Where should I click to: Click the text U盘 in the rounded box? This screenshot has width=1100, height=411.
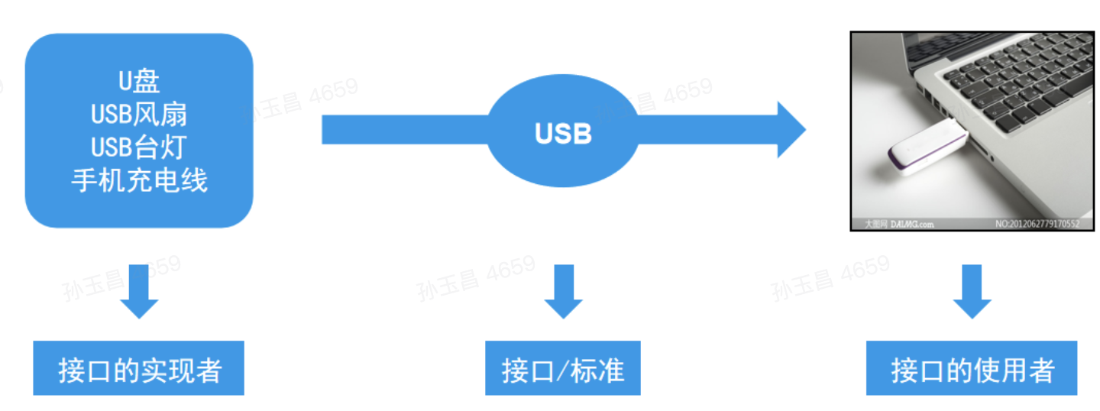tap(139, 80)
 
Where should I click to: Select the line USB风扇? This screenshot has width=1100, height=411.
tap(139, 114)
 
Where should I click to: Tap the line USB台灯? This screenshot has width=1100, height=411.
tap(139, 147)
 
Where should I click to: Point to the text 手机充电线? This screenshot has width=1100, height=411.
tap(139, 180)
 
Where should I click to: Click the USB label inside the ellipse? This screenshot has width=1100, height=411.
tap(563, 134)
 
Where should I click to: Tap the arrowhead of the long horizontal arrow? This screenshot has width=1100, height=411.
tap(791, 130)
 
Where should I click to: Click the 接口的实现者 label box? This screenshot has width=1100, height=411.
tap(139, 368)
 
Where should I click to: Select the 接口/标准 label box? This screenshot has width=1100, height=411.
tap(563, 368)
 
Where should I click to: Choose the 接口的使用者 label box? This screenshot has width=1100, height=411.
tap(972, 368)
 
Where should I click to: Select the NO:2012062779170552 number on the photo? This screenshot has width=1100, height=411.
tap(1037, 225)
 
